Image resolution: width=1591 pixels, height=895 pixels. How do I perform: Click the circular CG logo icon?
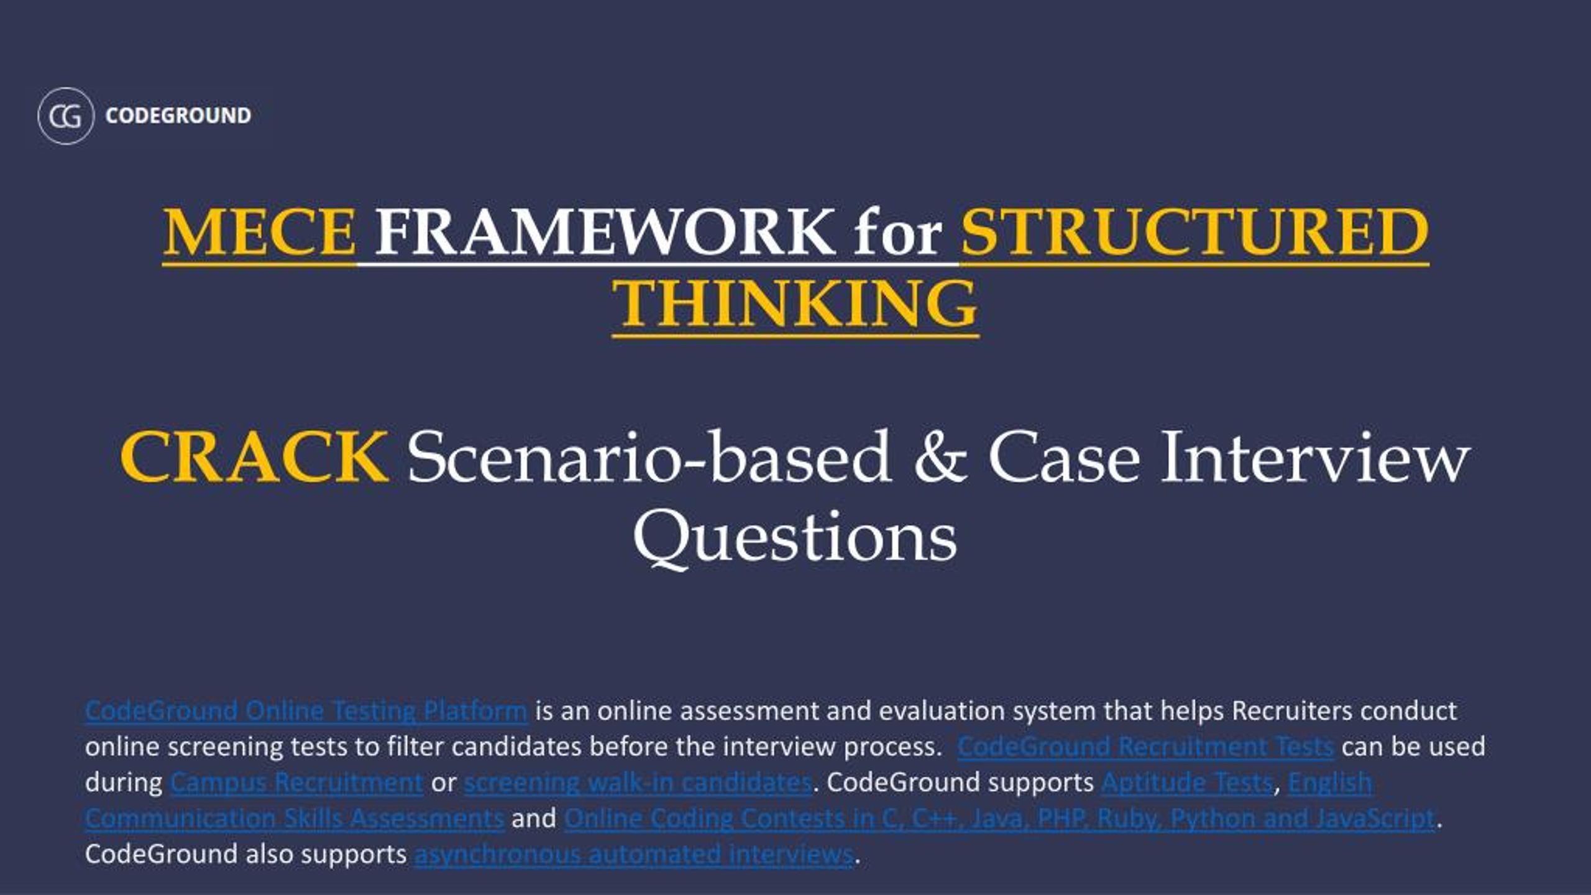pos(66,116)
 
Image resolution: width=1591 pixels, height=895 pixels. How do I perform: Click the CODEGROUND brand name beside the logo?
pos(178,116)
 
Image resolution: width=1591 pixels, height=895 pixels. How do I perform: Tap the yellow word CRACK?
pos(254,457)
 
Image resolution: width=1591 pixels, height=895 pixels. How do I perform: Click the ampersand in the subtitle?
pos(940,457)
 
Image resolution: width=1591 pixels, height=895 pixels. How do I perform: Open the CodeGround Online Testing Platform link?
pos(306,710)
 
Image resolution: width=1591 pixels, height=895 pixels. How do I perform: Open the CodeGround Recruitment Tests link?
pos(1145,746)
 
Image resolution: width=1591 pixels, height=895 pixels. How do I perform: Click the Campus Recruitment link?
pos(296,783)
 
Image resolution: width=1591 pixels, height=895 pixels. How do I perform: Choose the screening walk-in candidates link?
pos(638,783)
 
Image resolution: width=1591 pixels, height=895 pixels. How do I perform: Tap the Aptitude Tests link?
pos(1187,783)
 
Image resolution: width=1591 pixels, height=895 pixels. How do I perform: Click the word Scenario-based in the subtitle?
pos(649,457)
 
